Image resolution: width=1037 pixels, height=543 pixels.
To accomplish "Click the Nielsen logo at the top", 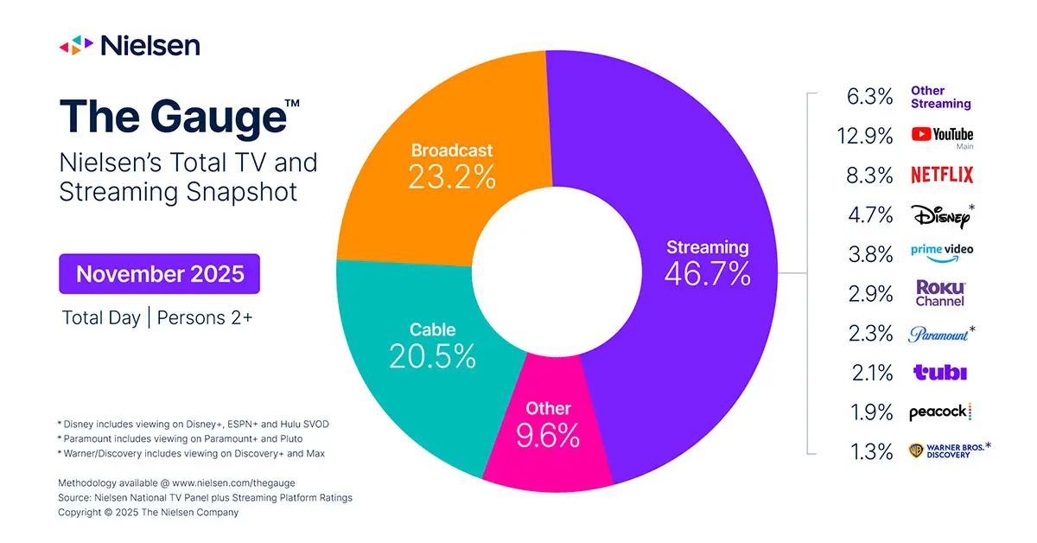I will point(129,45).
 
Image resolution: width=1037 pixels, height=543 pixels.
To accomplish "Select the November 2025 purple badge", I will point(160,274).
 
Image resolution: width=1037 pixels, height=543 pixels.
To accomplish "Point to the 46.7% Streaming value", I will point(707,274).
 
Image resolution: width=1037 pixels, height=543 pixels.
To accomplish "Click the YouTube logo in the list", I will point(942,135).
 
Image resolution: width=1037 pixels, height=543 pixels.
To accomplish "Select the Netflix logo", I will point(942,176).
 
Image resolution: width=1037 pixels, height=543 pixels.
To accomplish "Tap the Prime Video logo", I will point(942,251).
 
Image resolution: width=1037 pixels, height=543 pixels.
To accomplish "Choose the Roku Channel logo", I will point(940,293).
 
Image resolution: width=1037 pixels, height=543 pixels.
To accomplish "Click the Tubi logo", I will point(940,373).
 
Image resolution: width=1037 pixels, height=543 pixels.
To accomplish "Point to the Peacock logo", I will point(940,412).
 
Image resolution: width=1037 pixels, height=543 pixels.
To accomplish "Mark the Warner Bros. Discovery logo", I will point(947,450).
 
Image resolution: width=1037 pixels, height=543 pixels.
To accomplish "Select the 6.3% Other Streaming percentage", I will point(870,96).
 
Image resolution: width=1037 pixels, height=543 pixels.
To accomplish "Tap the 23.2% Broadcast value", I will point(453,177).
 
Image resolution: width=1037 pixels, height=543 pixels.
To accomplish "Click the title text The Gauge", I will point(173,117).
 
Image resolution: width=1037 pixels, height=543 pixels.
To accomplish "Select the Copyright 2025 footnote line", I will point(149,512).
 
